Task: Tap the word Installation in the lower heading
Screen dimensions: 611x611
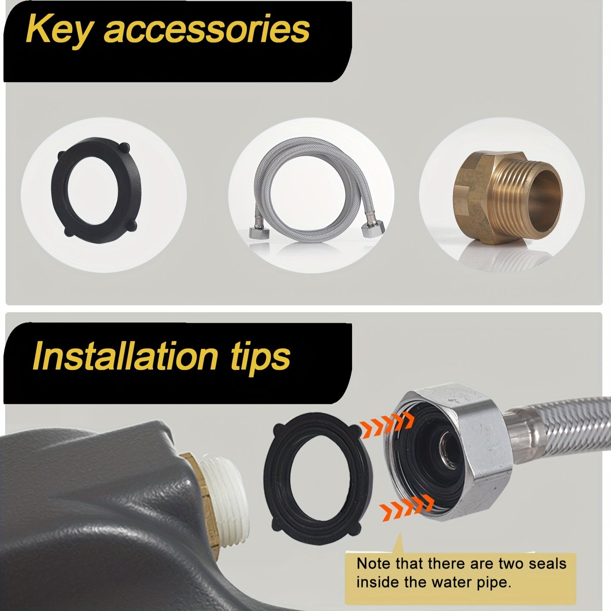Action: tap(125, 356)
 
